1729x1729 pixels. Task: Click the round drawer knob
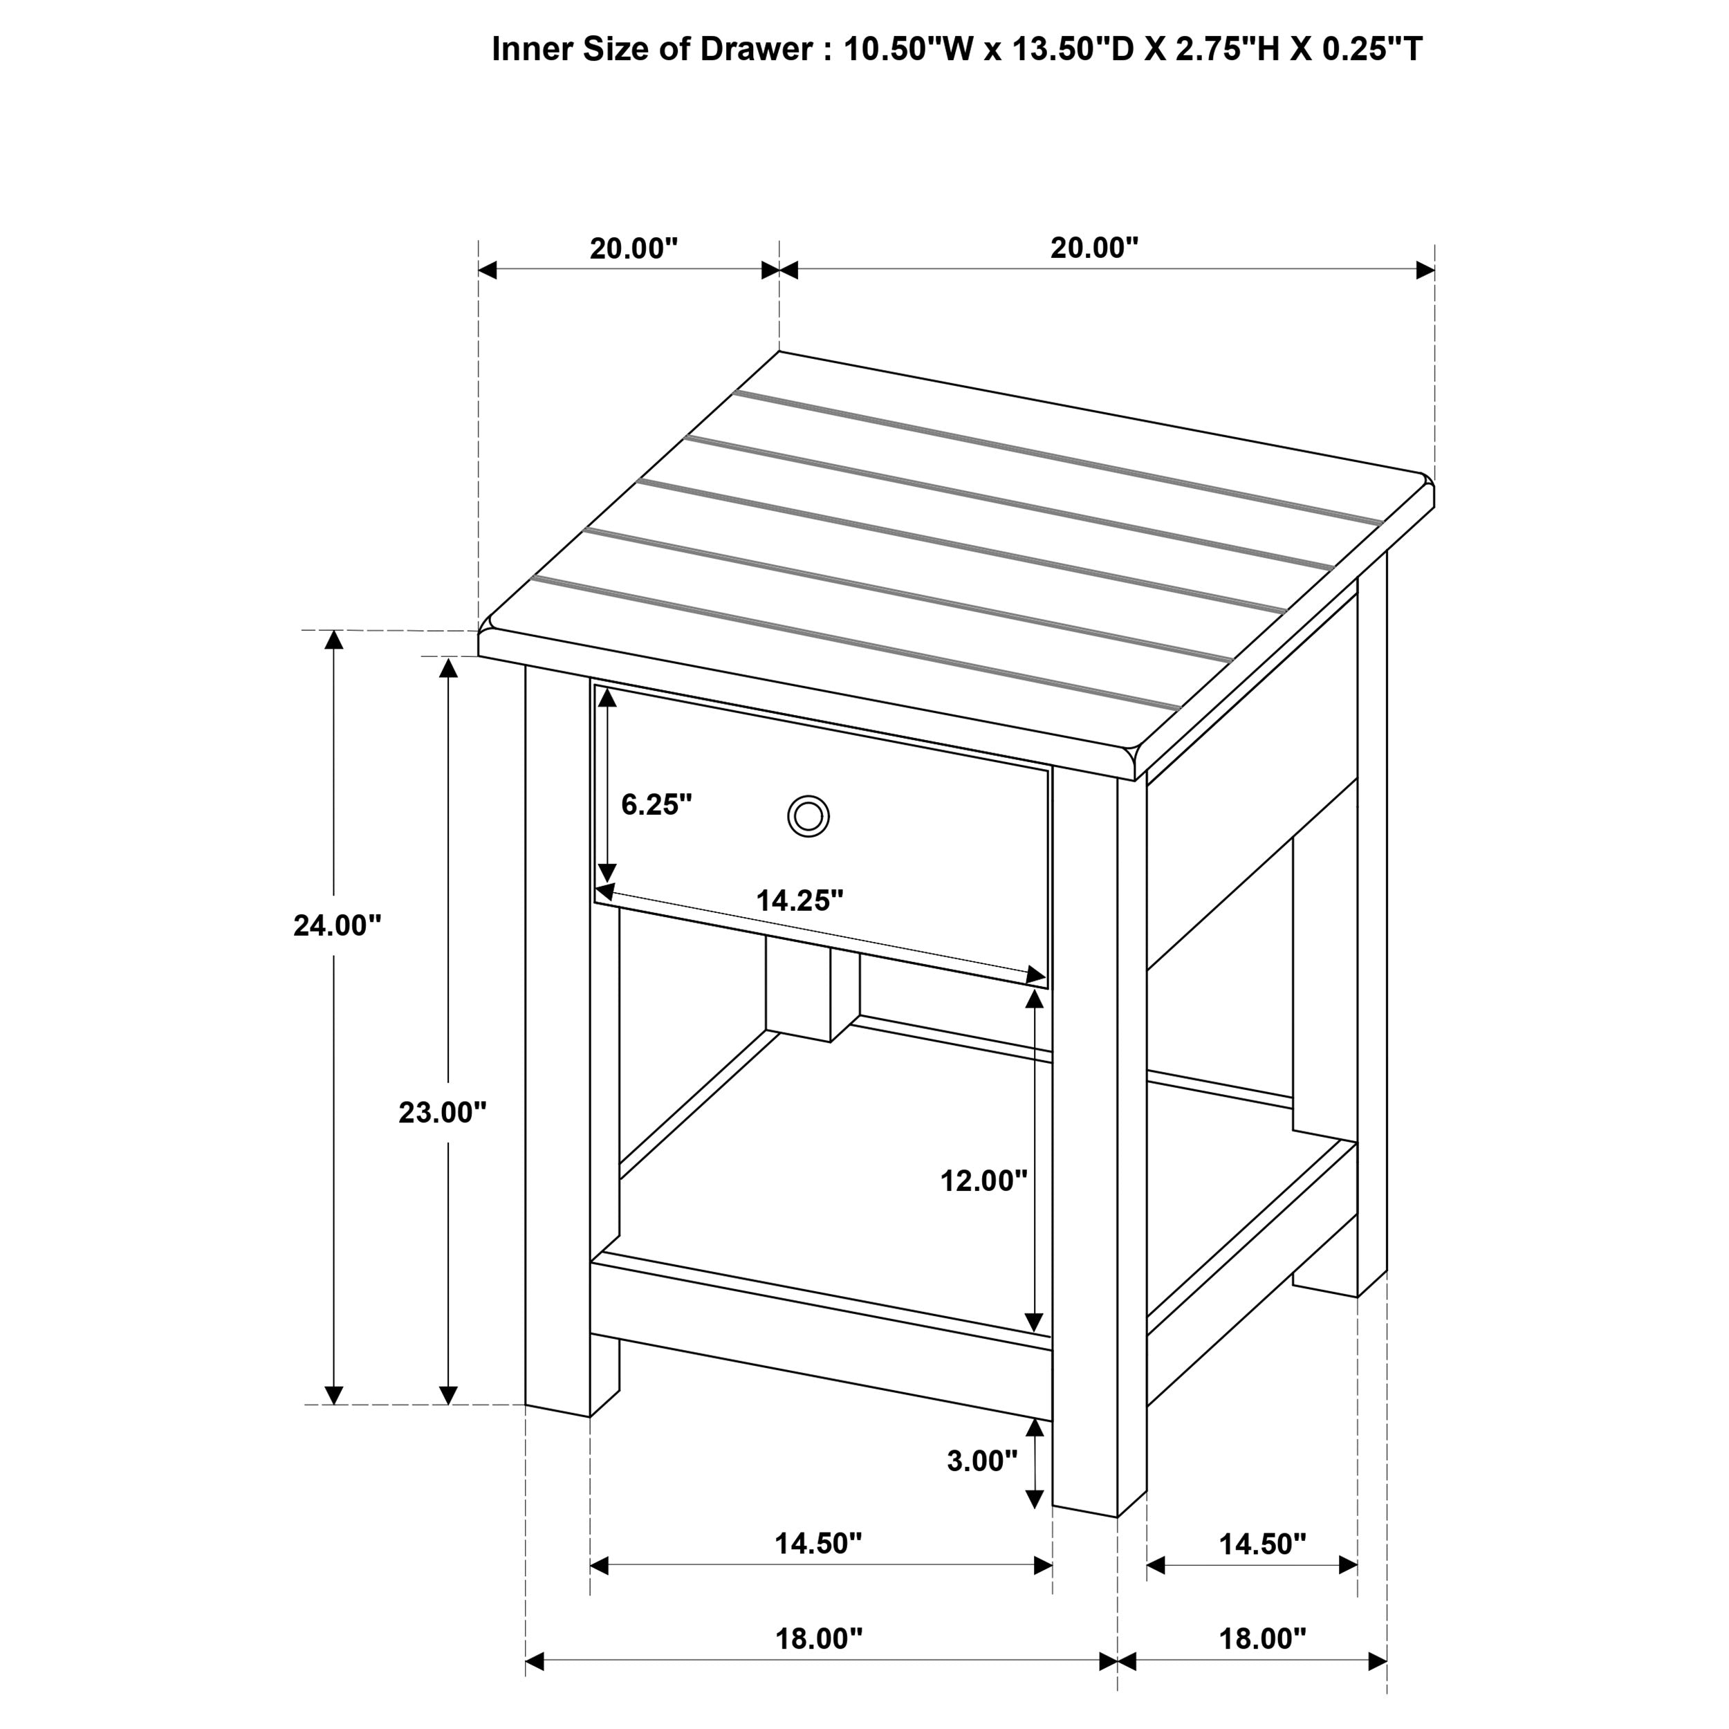coord(808,816)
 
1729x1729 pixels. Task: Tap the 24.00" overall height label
coord(338,925)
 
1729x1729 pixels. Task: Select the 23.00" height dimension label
coord(442,1112)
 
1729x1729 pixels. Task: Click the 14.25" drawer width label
coord(800,900)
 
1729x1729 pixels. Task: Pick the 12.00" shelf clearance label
coord(983,1181)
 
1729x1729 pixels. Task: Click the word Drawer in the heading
coord(756,49)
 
